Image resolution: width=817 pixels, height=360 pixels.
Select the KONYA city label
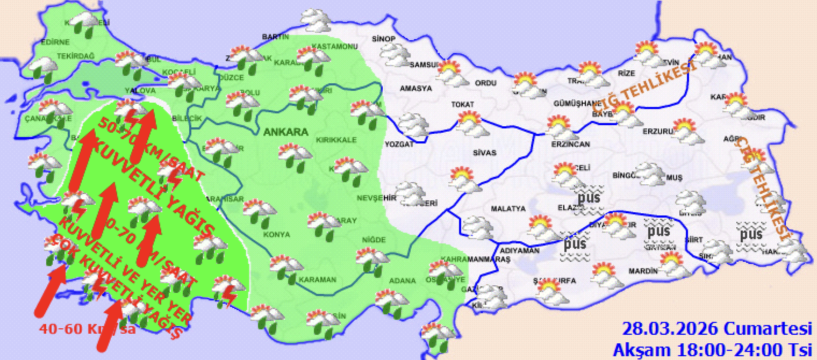[276, 235]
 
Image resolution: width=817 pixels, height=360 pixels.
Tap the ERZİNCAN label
[570, 144]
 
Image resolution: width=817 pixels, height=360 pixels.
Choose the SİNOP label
[384, 39]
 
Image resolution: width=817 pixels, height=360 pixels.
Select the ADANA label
[402, 280]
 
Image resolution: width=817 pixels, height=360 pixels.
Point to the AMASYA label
[415, 88]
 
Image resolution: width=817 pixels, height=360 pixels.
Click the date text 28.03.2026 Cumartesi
[716, 328]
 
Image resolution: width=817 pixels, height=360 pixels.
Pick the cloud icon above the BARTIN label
[316, 19]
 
